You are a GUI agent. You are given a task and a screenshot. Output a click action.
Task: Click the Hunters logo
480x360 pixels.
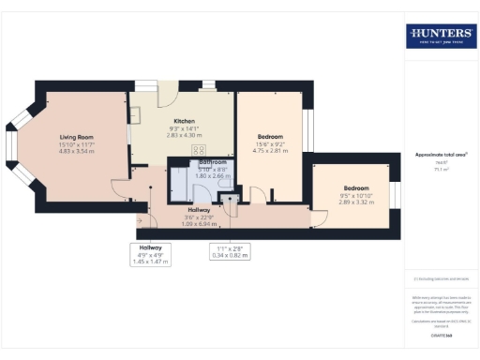coord(440,36)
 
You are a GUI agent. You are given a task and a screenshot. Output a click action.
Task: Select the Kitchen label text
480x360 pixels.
coord(182,120)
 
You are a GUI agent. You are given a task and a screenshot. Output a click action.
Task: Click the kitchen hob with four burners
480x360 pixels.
coord(199,149)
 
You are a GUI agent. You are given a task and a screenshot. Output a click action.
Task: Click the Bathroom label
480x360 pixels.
coord(200,162)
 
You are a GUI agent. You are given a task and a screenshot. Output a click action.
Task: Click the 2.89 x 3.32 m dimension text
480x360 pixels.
coord(355,202)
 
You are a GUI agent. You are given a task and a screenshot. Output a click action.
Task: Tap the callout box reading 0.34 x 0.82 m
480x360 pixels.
coord(230,254)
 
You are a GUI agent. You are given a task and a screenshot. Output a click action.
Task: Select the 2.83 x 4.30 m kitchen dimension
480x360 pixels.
coord(182,134)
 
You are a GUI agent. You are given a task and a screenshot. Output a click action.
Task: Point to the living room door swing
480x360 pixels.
coord(119,187)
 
